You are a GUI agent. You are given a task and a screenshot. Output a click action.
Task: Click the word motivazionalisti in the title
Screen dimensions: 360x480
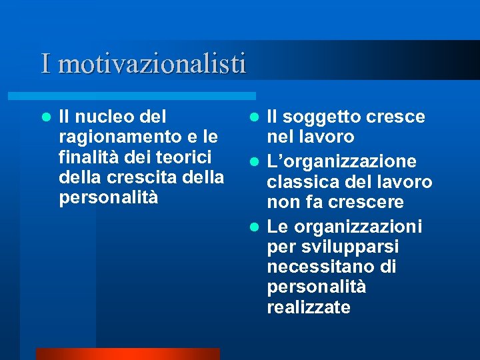point(152,64)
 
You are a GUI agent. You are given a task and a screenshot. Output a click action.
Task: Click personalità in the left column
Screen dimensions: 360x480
point(109,199)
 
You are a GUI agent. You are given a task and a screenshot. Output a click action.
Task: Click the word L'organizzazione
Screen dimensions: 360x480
point(342,162)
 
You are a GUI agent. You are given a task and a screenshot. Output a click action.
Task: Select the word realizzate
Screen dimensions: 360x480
point(309,307)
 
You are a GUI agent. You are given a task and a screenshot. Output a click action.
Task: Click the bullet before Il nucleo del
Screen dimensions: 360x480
point(46,117)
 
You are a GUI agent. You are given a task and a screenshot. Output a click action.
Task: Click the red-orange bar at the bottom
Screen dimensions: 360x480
point(127,353)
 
